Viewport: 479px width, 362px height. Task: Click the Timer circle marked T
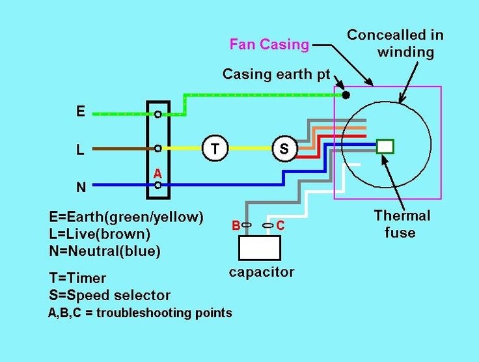pos(215,148)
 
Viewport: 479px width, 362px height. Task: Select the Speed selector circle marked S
pos(284,148)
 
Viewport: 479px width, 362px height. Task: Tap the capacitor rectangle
pos(260,248)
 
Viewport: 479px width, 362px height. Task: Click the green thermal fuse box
pos(385,146)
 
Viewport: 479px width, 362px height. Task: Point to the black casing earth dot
pos(346,95)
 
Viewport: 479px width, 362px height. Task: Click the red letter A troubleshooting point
pos(157,174)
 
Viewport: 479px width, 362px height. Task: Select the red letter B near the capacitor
pos(236,225)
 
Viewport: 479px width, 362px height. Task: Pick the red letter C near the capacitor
pos(281,225)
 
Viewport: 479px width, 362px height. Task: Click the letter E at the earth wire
pos(81,111)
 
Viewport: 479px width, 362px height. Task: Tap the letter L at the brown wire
pos(80,150)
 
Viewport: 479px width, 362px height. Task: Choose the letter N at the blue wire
pos(81,187)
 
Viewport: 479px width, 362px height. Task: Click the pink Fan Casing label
pos(269,45)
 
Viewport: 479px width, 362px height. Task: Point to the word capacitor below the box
pos(262,271)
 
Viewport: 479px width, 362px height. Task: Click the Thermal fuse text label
pos(401,223)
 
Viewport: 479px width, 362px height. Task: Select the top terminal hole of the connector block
pos(158,114)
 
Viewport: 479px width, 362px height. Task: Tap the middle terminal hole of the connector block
pos(158,148)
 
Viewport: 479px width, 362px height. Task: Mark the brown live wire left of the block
pos(117,148)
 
